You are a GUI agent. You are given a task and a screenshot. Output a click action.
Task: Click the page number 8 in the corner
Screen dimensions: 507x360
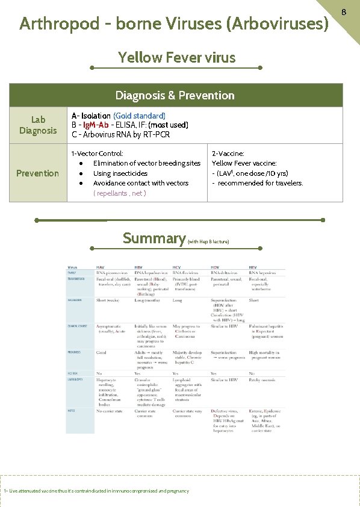click(x=344, y=11)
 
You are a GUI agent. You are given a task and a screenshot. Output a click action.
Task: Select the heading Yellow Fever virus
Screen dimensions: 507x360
click(x=177, y=58)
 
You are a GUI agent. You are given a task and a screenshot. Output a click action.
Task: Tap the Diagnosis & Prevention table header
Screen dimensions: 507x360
click(x=175, y=95)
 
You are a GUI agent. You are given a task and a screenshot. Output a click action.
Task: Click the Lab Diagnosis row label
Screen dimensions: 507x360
click(x=38, y=125)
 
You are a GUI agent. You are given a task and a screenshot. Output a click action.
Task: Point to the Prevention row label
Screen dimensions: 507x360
click(x=37, y=173)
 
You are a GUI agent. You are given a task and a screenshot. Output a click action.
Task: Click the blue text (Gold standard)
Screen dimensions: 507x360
click(x=139, y=115)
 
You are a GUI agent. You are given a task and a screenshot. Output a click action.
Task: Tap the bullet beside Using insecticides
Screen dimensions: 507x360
click(x=81, y=173)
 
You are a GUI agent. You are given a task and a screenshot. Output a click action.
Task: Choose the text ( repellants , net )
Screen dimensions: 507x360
click(x=120, y=193)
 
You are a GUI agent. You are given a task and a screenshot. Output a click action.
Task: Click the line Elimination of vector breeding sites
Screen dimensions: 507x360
click(x=147, y=163)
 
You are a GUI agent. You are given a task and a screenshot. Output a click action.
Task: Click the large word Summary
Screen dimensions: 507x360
click(x=154, y=238)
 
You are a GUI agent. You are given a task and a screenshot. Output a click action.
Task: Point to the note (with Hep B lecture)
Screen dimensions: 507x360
click(x=208, y=241)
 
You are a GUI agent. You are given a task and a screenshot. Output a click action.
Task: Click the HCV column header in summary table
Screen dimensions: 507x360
click(x=178, y=267)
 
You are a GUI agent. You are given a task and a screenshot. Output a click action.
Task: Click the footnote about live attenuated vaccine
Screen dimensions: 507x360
click(x=96, y=491)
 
